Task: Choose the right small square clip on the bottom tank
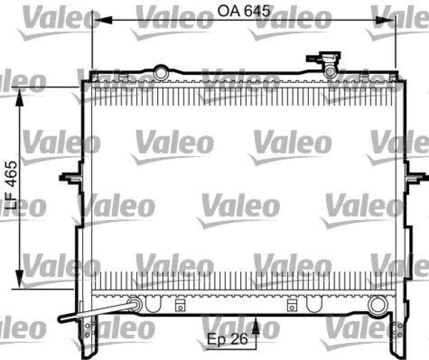(x=292, y=306)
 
